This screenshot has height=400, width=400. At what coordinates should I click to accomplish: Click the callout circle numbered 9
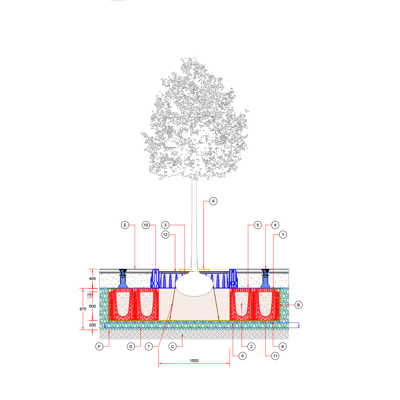pyautogui.click(x=213, y=201)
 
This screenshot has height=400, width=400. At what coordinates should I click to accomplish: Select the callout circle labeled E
pyautogui.click(x=125, y=225)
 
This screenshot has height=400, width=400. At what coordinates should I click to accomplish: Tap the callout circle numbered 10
pyautogui.click(x=146, y=225)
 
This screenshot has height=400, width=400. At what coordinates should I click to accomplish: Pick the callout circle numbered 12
pyautogui.click(x=165, y=234)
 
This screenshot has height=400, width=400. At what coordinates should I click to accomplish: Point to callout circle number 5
pyautogui.click(x=258, y=225)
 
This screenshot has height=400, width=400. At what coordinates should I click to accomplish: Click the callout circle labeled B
pyautogui.click(x=298, y=305)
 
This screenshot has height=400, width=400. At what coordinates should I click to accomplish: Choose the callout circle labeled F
pyautogui.click(x=99, y=346)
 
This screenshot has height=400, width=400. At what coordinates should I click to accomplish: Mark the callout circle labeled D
pyautogui.click(x=131, y=346)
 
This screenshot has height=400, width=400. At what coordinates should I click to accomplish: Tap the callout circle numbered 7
pyautogui.click(x=149, y=346)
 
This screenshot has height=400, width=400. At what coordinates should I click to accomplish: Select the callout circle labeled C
pyautogui.click(x=172, y=346)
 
